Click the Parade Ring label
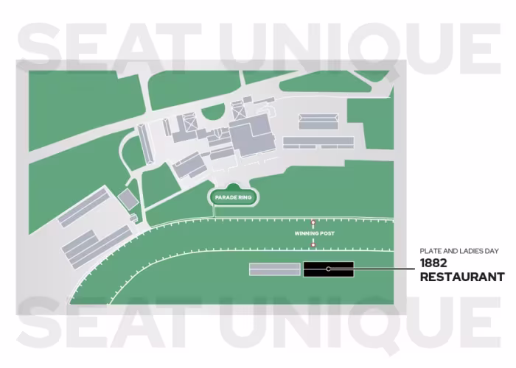coord(233,198)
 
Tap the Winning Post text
coord(315,233)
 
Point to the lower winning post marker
coord(313,242)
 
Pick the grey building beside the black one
coord(275,269)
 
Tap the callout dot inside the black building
coord(329,269)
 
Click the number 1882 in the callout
coord(435,263)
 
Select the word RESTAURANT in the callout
coord(462,277)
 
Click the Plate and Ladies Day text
coord(459,251)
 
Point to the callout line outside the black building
coord(383,269)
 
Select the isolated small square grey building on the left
coord(128,197)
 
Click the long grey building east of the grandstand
coord(313,141)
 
